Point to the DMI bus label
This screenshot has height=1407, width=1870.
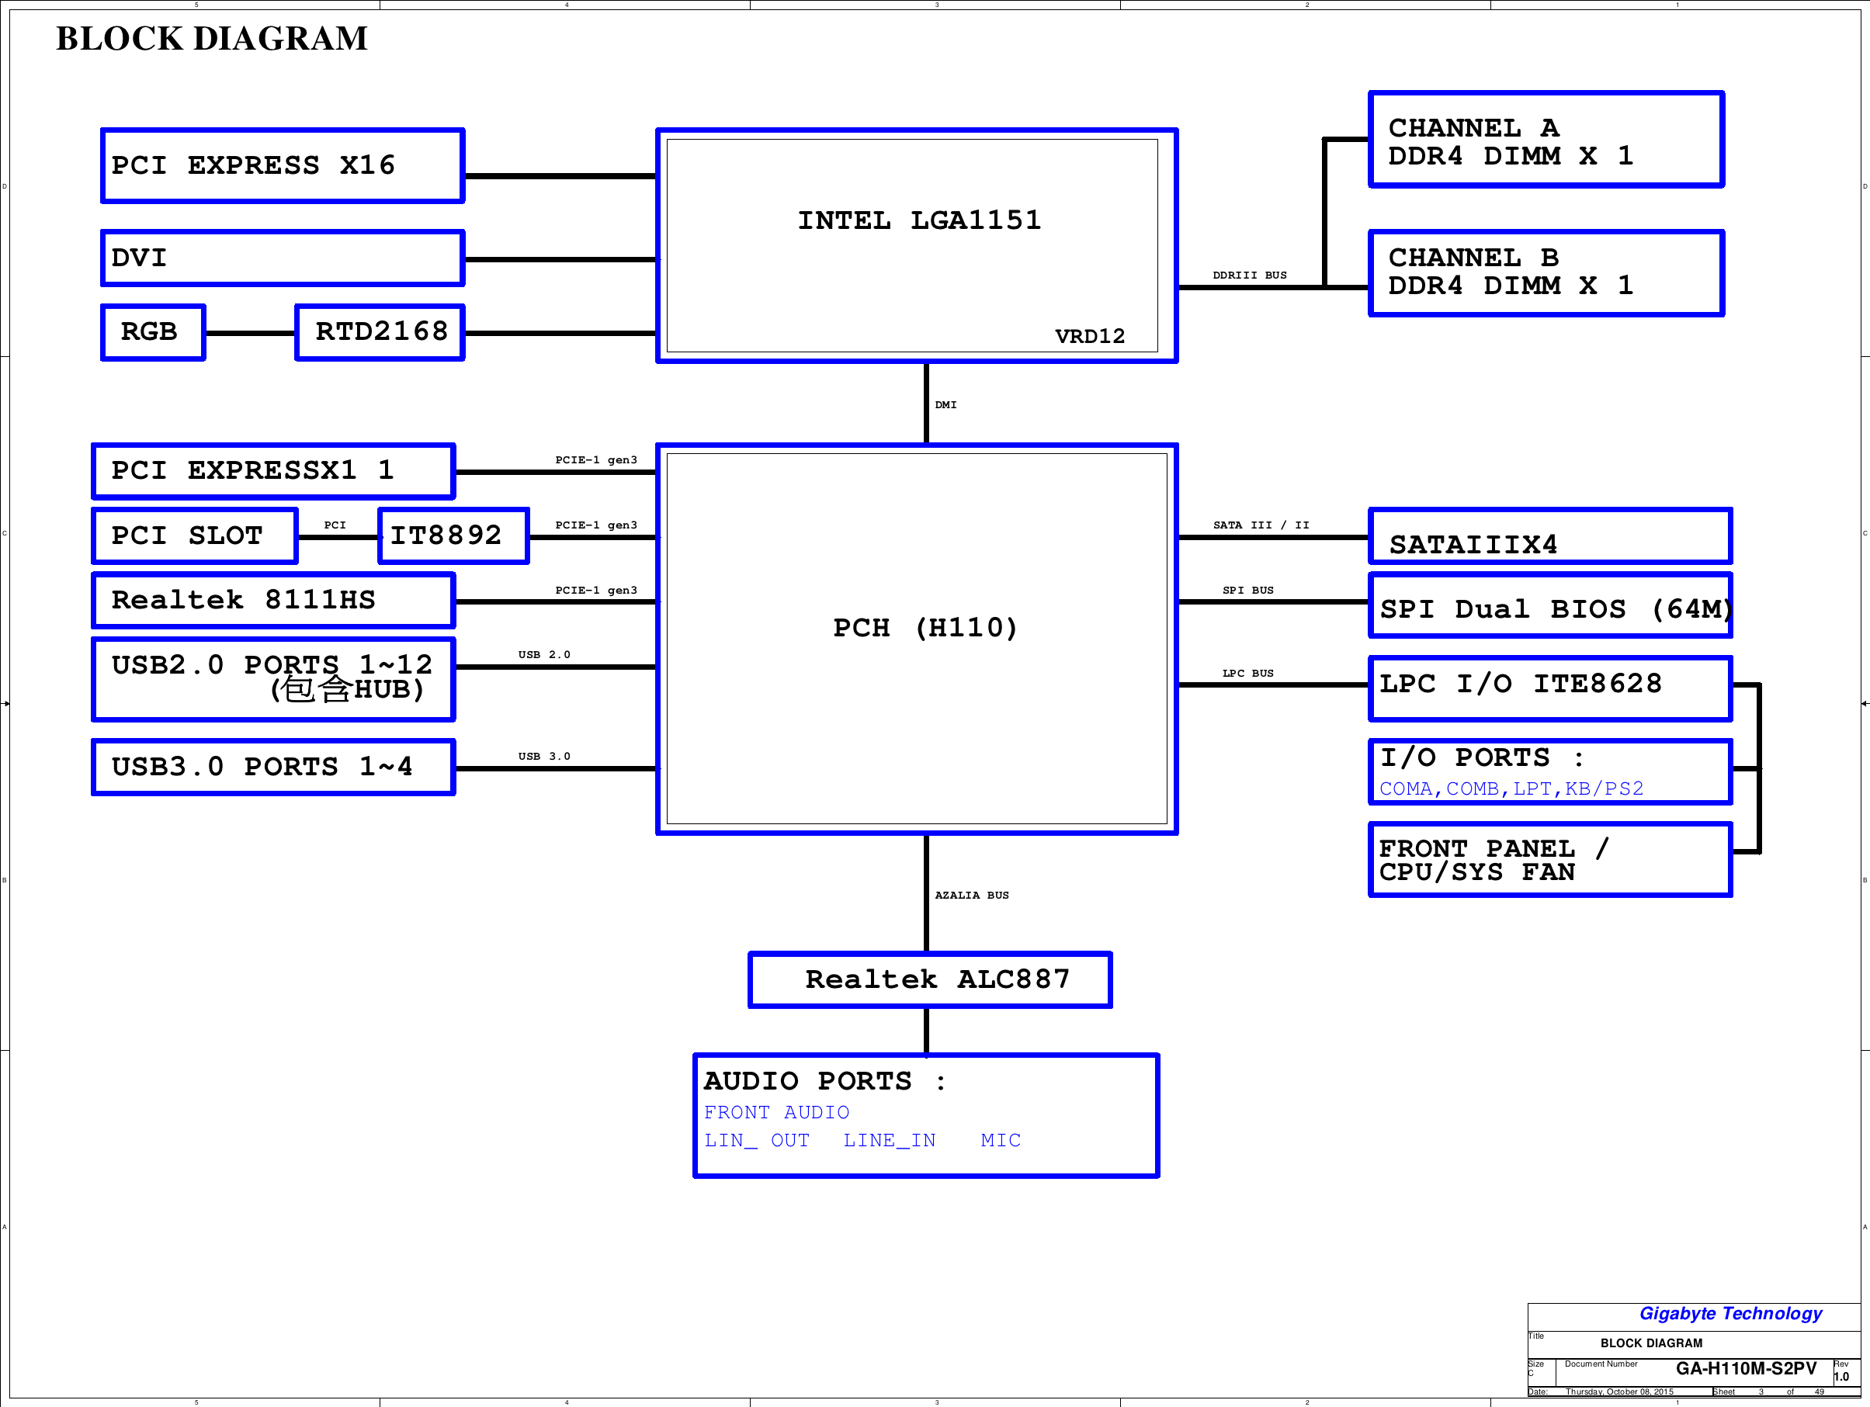(x=946, y=405)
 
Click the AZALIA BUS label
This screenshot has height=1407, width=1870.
(x=971, y=895)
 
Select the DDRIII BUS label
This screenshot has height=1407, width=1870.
(x=1250, y=276)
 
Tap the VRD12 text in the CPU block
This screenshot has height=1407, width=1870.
(x=1090, y=336)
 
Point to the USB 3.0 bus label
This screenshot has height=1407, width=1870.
(x=544, y=757)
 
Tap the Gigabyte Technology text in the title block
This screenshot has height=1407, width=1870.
(x=1730, y=1314)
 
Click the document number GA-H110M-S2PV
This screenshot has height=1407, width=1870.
(x=1746, y=1369)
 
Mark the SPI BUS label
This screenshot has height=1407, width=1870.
(x=1247, y=591)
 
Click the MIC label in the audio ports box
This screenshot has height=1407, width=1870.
(x=1001, y=1141)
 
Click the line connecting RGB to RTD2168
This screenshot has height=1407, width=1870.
(x=250, y=333)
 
